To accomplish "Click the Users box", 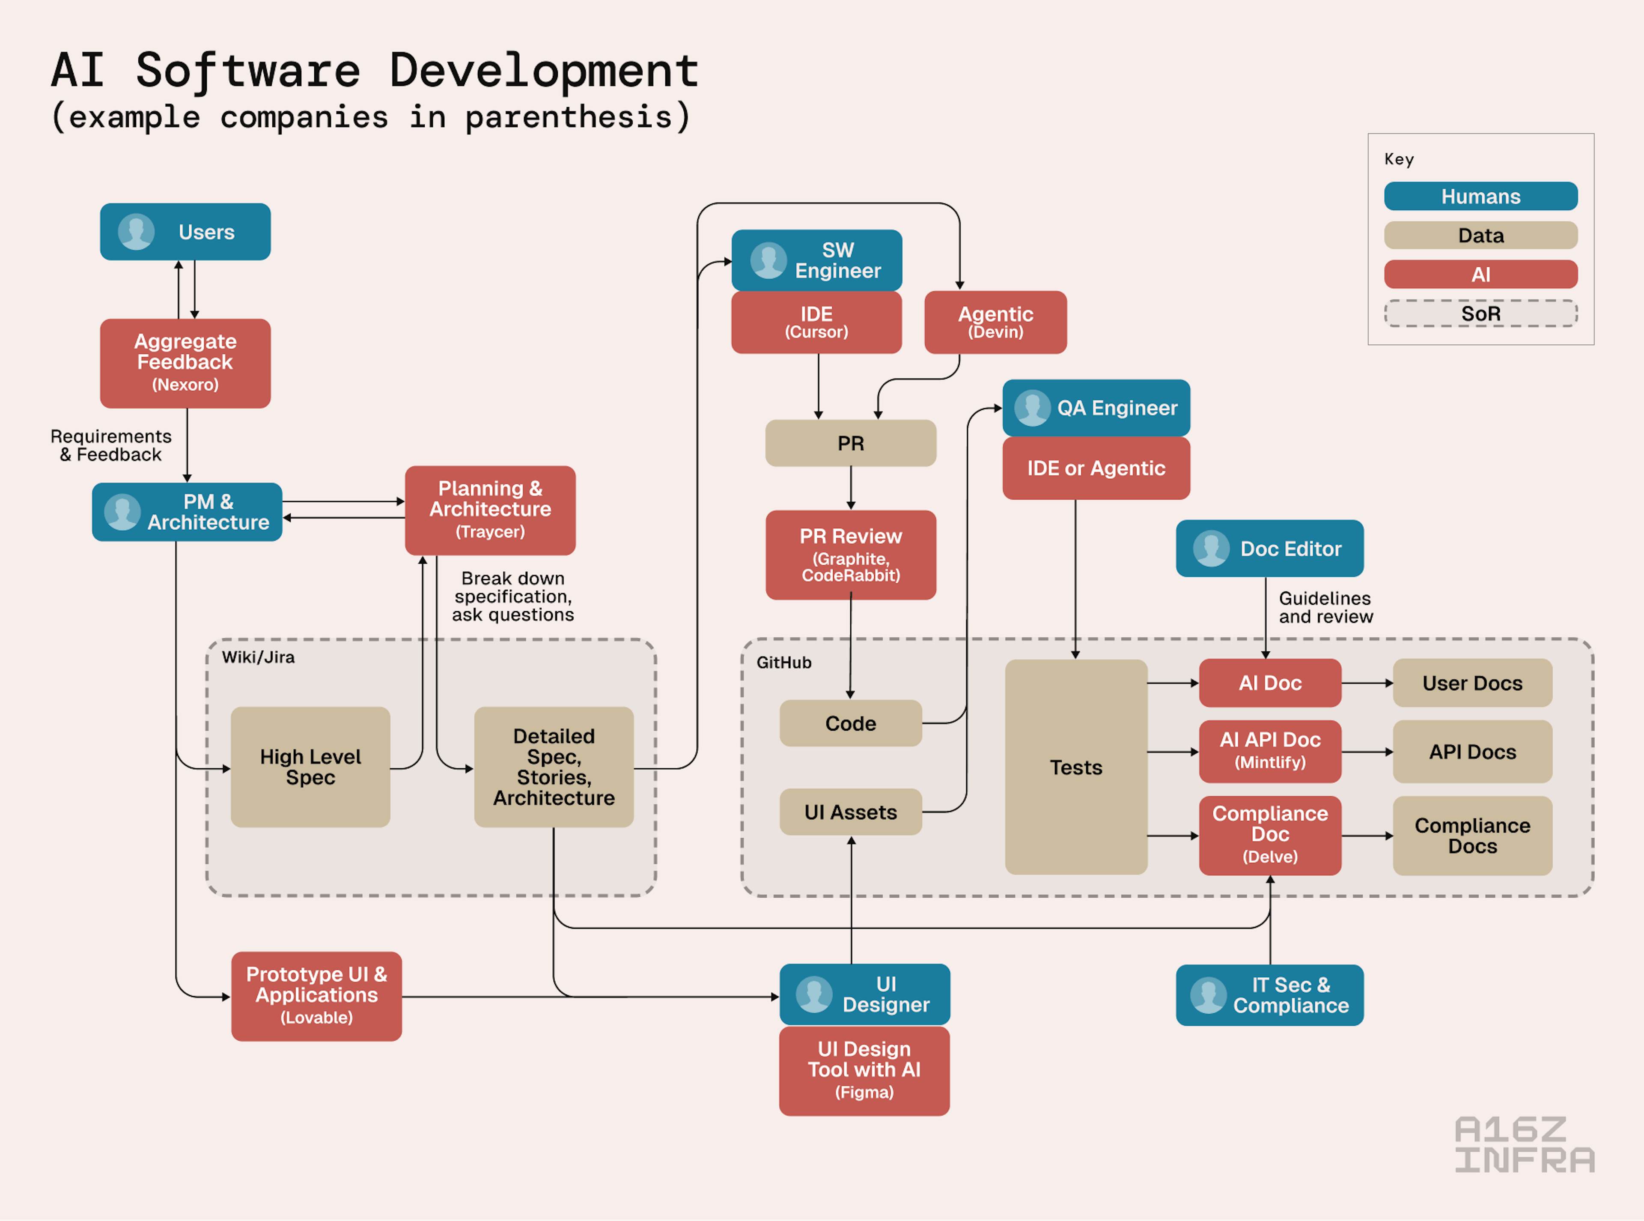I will pyautogui.click(x=185, y=232).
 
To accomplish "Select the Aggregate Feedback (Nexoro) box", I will pyautogui.click(x=185, y=363).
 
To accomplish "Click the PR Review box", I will pyautogui.click(x=850, y=554).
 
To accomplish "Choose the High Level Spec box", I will pyautogui.click(x=310, y=767).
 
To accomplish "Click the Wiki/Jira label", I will pyautogui.click(x=258, y=657).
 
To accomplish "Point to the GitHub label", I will pyautogui.click(x=783, y=662).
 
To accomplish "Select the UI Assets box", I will pyautogui.click(x=850, y=812).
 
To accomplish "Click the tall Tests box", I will pyautogui.click(x=1076, y=767).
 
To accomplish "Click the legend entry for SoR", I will pyautogui.click(x=1481, y=313).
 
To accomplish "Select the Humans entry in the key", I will pyautogui.click(x=1481, y=197).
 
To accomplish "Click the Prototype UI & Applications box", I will pyautogui.click(x=316, y=996).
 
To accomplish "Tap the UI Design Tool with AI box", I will pyautogui.click(x=864, y=1070).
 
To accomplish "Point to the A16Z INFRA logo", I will pyautogui.click(x=1524, y=1144).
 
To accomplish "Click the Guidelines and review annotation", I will pyautogui.click(x=1325, y=608).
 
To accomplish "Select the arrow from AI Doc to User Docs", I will pyautogui.click(x=1367, y=683).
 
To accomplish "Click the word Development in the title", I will pyautogui.click(x=544, y=71).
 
